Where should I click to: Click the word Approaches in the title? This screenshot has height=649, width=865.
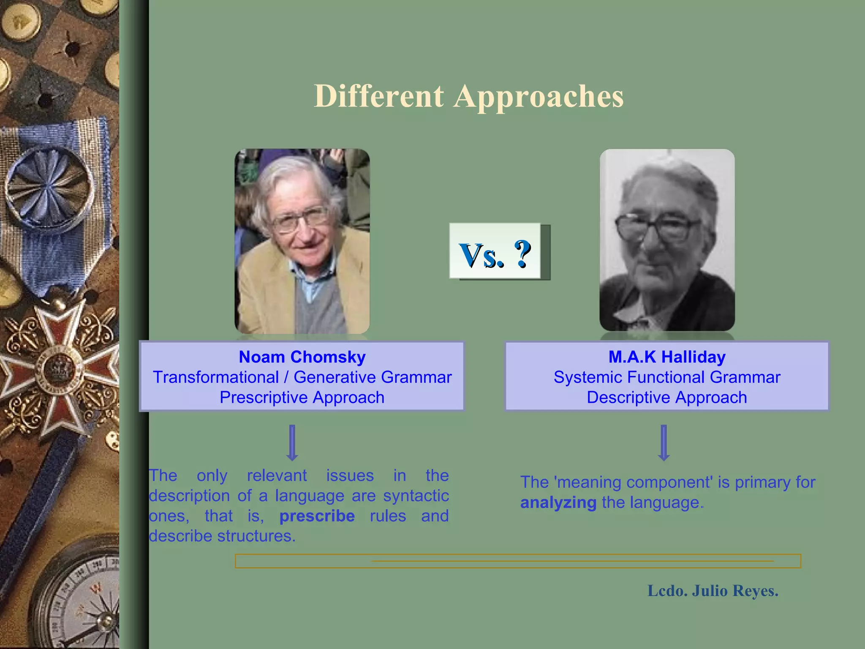539,97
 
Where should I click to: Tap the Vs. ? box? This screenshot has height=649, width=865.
495,251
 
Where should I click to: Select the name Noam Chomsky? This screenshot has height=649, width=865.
302,357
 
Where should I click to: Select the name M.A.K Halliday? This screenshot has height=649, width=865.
667,357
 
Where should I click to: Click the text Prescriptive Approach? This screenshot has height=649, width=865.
302,398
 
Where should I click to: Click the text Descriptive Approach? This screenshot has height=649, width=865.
667,398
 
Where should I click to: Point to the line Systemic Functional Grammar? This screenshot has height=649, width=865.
667,377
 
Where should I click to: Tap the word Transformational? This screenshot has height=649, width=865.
216,377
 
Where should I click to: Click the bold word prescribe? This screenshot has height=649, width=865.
317,516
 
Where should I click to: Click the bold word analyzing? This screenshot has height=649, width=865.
558,503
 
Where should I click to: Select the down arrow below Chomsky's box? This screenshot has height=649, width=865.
292,443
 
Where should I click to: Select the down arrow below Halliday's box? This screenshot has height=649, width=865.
664,443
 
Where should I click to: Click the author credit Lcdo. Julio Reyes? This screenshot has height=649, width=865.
713,591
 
